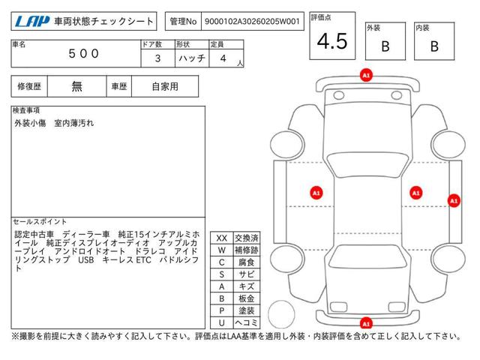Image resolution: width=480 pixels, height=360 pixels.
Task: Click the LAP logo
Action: [x=30, y=22]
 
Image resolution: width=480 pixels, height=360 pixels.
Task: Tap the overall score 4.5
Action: [x=332, y=42]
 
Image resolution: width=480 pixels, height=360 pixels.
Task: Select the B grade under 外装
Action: [x=385, y=46]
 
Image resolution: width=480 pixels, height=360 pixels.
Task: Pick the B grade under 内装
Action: [x=434, y=46]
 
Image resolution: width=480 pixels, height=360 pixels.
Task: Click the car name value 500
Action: [x=82, y=54]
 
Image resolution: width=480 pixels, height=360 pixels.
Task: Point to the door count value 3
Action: [x=156, y=58]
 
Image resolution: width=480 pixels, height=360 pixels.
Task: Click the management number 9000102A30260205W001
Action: [x=251, y=22]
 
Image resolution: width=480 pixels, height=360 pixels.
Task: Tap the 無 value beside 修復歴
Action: [x=77, y=86]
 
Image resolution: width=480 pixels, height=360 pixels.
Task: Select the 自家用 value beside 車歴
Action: [x=164, y=86]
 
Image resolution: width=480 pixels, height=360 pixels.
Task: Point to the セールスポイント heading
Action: [x=40, y=222]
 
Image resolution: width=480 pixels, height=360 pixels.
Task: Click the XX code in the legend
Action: [x=221, y=238]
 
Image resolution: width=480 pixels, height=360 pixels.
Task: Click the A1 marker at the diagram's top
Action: [x=366, y=76]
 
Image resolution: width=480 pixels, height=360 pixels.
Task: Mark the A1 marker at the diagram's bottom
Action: [x=366, y=323]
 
